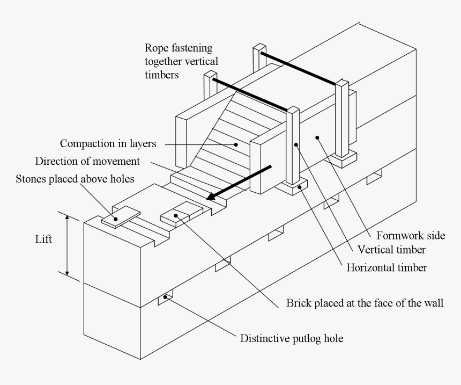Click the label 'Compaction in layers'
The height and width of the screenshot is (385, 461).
pos(108,143)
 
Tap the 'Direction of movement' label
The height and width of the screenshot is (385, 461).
pos(87,161)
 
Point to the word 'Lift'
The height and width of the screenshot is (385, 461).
pos(43,239)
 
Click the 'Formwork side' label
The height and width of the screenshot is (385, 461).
pos(411,235)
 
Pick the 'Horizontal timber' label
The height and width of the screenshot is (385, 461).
pos(387,267)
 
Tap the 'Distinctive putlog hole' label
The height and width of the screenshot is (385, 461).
pos(291,338)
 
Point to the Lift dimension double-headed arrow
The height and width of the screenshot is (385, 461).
pos(68,245)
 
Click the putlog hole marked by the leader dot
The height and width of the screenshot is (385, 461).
pos(166,297)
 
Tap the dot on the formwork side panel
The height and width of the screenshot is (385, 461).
pos(317,137)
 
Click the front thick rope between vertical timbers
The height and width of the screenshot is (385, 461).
pos(250,95)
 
